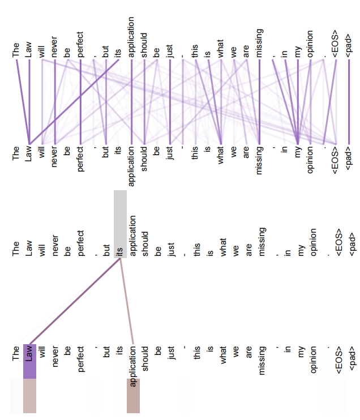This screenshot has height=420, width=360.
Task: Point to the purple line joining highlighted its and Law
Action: click(x=75, y=301)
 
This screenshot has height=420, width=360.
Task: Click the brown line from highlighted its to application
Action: click(x=126, y=301)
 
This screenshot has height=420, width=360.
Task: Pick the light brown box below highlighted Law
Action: click(x=29, y=396)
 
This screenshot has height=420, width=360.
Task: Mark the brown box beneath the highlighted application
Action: click(x=133, y=396)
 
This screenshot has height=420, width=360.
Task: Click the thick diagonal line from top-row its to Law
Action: click(x=74, y=102)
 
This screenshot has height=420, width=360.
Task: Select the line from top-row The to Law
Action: click(x=23, y=102)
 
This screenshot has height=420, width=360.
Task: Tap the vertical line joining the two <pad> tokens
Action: click(x=349, y=102)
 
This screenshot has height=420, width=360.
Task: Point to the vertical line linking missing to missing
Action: click(x=259, y=102)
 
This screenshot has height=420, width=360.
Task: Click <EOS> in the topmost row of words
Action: click(x=336, y=44)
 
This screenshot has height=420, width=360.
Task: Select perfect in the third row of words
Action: click(x=80, y=243)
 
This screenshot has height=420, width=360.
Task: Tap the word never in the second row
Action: click(x=54, y=157)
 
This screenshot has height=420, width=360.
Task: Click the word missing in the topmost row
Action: click(x=259, y=43)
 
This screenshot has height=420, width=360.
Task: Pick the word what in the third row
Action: click(x=222, y=247)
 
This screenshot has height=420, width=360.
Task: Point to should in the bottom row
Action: click(x=145, y=358)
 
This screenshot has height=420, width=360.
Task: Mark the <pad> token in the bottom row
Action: click(x=353, y=358)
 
